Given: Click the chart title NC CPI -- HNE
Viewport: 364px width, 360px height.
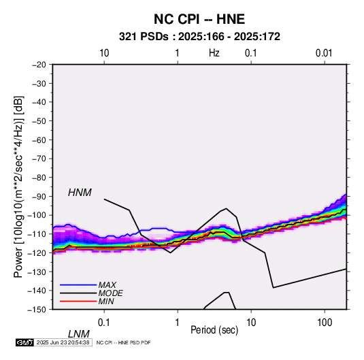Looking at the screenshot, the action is [199, 19].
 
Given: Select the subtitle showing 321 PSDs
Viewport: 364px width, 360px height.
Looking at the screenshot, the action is [199, 37].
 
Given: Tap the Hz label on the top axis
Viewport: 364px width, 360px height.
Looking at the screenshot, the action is [214, 53].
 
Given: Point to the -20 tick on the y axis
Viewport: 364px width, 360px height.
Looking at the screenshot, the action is [39, 65].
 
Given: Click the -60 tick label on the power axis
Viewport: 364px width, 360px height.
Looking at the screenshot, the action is [39, 140].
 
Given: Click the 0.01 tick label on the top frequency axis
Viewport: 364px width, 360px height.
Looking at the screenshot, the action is [324, 53].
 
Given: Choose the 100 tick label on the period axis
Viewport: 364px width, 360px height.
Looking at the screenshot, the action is [324, 323].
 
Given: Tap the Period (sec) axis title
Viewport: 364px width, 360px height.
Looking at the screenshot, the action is [214, 330].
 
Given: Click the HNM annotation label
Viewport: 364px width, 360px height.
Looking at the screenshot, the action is [80, 193].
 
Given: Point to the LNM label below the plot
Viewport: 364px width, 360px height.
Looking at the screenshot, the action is [79, 334].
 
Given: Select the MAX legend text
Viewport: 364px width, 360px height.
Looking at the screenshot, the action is [107, 285].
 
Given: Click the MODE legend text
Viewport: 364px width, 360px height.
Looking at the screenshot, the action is [110, 293].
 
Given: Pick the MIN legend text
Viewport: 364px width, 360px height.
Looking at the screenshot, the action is [106, 301].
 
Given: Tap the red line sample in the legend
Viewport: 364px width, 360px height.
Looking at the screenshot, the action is [78, 301].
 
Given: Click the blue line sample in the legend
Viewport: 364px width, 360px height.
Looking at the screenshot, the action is [78, 285].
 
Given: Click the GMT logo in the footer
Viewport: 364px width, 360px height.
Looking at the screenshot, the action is [25, 342].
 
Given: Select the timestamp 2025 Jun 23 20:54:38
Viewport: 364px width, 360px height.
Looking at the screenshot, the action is [63, 342].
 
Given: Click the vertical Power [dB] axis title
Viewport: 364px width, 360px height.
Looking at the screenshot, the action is [18, 186].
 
